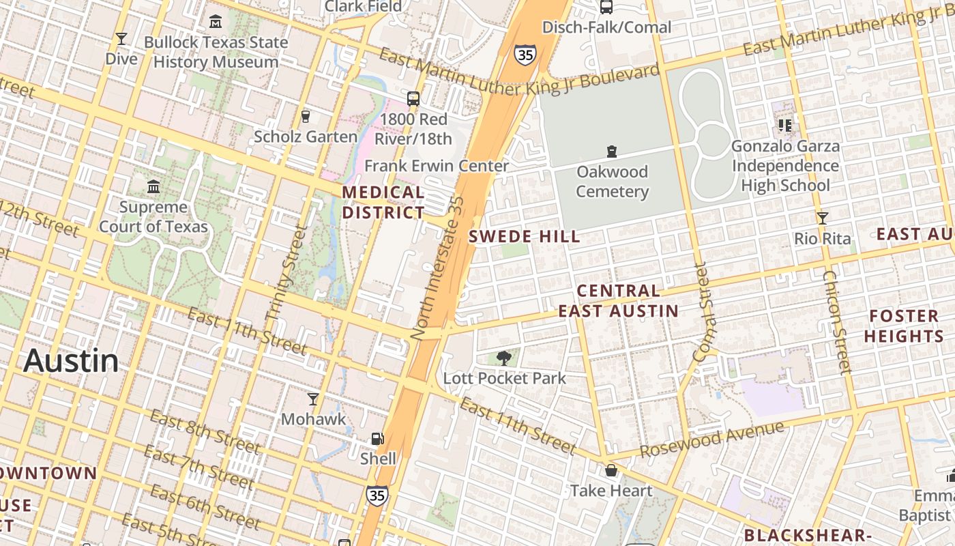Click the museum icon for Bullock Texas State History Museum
click(216, 21)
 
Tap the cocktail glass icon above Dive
click(121, 39)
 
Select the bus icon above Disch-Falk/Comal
click(606, 7)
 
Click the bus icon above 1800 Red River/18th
click(413, 99)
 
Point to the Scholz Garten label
click(305, 136)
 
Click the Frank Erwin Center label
click(437, 166)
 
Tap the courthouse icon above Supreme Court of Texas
click(153, 186)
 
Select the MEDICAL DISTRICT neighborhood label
click(383, 203)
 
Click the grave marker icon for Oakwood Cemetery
click(612, 152)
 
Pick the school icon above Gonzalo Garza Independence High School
click(784, 126)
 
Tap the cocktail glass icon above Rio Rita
click(823, 218)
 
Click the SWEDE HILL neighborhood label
click(525, 237)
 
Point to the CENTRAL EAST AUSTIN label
click(618, 301)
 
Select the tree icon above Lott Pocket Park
click(504, 358)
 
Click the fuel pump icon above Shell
click(377, 439)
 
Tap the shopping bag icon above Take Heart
click(611, 470)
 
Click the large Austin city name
click(71, 360)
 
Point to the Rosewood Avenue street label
click(711, 440)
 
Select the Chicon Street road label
click(838, 322)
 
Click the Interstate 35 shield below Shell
click(376, 495)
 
